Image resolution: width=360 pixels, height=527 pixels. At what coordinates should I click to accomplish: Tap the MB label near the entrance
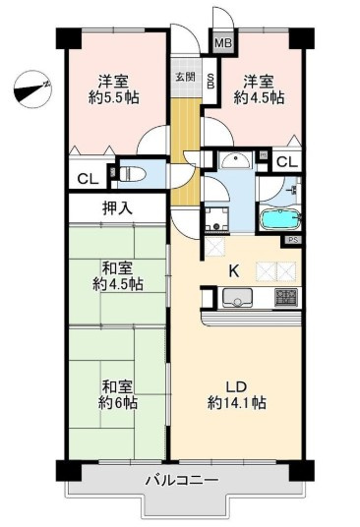coord(222,44)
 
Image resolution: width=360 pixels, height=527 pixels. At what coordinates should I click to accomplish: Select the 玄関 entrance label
coord(184,77)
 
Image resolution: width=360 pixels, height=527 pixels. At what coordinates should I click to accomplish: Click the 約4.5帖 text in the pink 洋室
coord(258,98)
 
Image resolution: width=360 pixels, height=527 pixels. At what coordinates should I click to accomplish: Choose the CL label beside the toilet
coord(86,179)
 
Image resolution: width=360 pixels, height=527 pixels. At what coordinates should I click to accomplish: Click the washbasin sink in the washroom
coord(234,162)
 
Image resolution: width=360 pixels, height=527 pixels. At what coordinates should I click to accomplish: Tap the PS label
coord(292,239)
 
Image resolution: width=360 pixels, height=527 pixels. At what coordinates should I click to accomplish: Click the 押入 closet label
coord(117,208)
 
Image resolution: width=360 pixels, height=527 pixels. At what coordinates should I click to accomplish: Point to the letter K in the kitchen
coord(234,270)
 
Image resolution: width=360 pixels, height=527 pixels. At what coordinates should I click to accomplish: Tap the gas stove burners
coord(285,297)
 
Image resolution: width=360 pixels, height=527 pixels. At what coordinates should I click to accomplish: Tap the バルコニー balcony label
coord(181,480)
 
